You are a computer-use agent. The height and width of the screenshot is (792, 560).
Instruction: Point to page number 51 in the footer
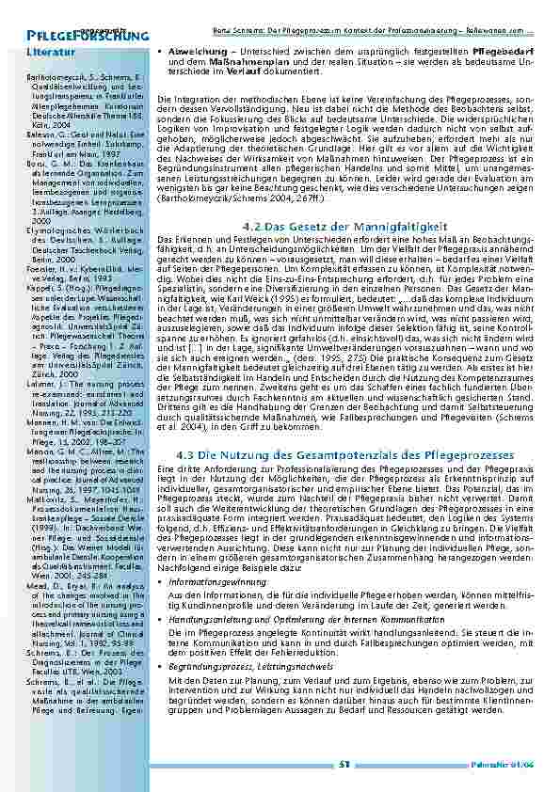coord(344,765)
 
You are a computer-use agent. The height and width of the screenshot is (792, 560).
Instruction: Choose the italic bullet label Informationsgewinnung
coord(214,583)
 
